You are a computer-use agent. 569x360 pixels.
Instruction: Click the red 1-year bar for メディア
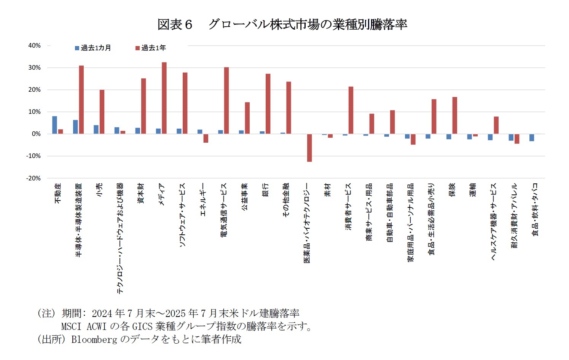coord(164,98)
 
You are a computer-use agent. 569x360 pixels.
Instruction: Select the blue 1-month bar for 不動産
coord(54,125)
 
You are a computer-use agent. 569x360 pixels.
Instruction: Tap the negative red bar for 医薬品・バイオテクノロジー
coord(309,148)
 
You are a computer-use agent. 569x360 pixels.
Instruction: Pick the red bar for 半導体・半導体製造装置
coord(81,100)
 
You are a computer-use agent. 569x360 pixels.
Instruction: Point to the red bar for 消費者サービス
coord(351,110)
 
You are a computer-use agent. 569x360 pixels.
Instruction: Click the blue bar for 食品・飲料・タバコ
coord(532,137)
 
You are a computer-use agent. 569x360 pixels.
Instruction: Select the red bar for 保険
coord(455,115)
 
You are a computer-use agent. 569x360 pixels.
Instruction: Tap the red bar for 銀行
coord(268,104)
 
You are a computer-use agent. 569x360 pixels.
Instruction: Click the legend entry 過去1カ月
coord(93,48)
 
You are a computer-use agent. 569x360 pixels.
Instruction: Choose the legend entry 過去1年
coord(151,48)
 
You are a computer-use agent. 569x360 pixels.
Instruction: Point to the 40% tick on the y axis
coord(35,46)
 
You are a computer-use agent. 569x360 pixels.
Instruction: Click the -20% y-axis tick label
coord(33,178)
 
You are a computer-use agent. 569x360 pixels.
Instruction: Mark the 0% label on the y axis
coord(36,134)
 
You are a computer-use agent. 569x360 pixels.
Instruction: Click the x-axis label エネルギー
coord(203,200)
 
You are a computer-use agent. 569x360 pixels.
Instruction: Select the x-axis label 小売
coord(99,190)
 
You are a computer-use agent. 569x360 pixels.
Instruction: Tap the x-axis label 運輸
coord(473,190)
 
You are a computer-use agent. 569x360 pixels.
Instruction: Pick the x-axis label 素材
coord(328,190)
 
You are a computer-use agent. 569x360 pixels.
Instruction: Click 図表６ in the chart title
coord(175,25)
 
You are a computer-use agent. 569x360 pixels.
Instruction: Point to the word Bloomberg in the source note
coord(94,339)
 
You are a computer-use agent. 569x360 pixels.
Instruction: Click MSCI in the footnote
coord(71,327)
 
